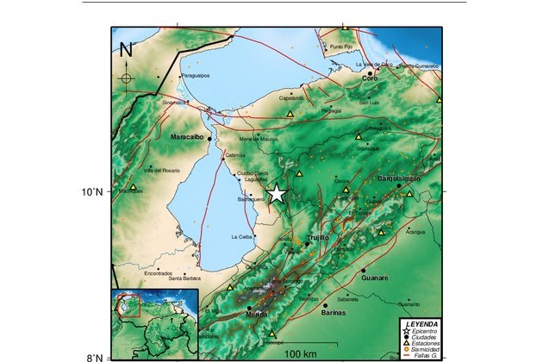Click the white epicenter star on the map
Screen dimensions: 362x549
(277, 194)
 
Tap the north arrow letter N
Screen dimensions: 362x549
(127, 49)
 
